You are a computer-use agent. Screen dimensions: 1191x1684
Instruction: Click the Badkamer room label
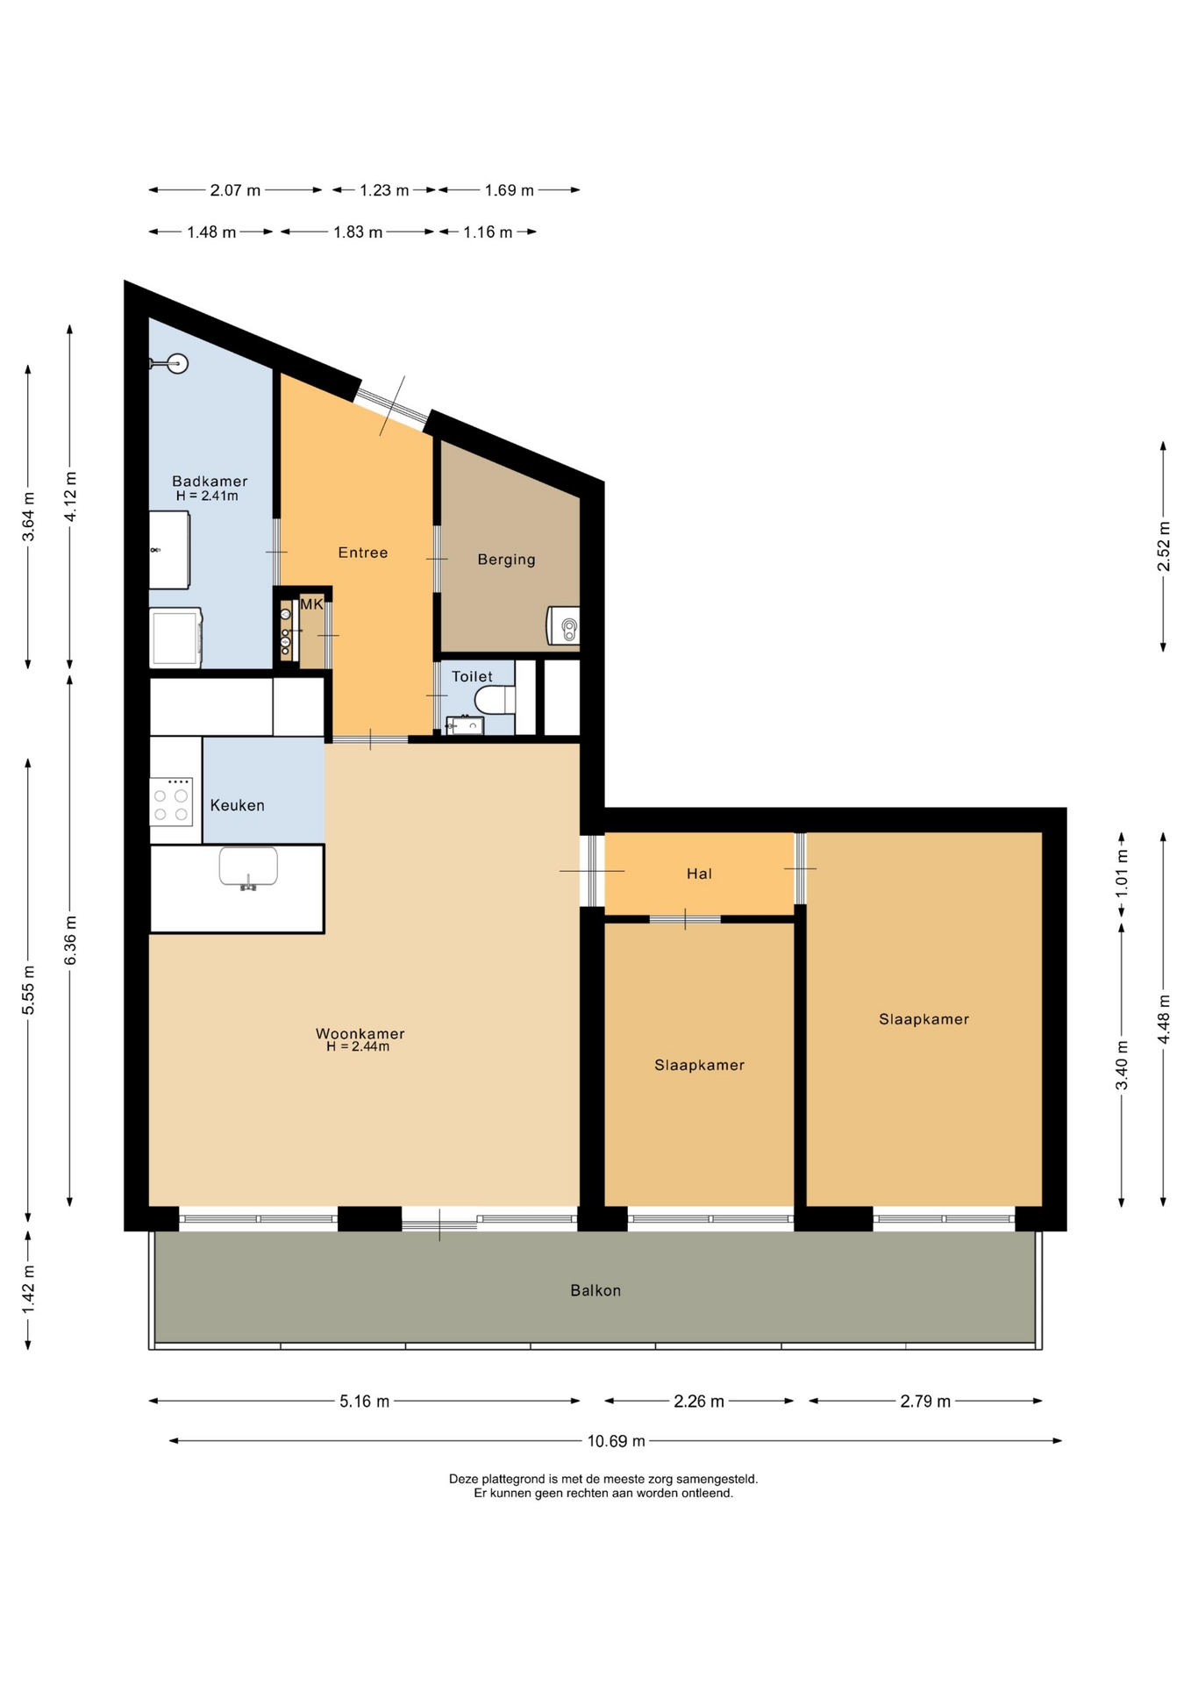click(210, 481)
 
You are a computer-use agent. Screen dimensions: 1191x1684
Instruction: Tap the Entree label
click(363, 553)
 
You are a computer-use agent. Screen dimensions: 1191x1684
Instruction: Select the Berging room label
click(506, 560)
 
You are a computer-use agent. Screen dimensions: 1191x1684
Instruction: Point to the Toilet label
click(472, 676)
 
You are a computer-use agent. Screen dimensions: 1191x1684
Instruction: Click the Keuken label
click(237, 805)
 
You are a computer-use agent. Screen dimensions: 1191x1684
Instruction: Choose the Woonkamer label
click(360, 1033)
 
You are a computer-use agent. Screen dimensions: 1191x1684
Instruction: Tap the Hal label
click(699, 874)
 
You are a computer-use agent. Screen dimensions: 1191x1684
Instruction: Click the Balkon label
click(595, 1290)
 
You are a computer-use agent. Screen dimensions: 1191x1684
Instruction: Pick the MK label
click(311, 604)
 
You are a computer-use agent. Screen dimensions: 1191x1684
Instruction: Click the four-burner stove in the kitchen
click(171, 802)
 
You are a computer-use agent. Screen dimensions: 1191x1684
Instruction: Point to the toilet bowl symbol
click(495, 700)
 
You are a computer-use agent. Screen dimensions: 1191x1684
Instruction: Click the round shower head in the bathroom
click(178, 363)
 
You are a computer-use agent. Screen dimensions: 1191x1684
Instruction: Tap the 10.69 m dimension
click(616, 1440)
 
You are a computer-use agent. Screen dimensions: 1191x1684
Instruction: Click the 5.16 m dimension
click(364, 1401)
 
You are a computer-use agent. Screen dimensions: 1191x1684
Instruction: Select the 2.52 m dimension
click(1164, 546)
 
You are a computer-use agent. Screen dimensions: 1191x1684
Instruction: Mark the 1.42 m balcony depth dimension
click(28, 1289)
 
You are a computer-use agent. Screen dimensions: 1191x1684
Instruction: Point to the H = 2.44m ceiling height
click(358, 1046)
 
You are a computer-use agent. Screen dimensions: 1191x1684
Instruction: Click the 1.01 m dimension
click(1122, 874)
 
